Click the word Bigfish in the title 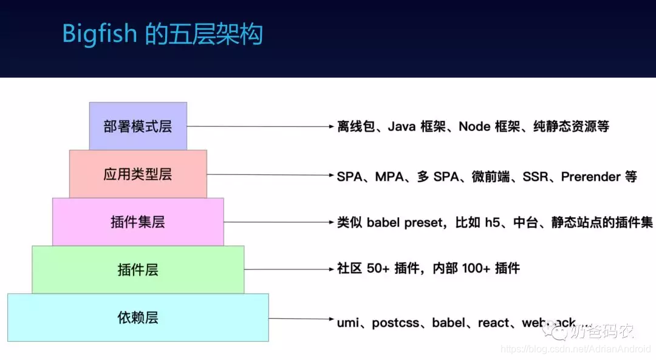(100, 34)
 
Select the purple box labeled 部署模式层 (138, 126)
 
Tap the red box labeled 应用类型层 (138, 175)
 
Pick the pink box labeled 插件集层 (138, 222)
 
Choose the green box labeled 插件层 (138, 270)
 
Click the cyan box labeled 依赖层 (138, 318)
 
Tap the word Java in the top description (402, 127)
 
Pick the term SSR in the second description (536, 177)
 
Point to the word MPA (390, 177)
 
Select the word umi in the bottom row (347, 323)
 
